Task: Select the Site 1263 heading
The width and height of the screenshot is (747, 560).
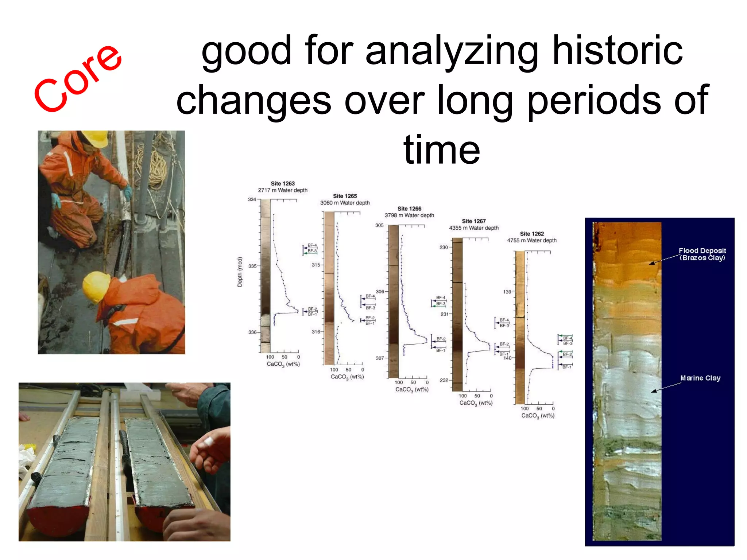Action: [283, 183]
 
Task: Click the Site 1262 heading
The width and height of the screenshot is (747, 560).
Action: [532, 234]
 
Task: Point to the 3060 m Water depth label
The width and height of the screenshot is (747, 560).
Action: [345, 203]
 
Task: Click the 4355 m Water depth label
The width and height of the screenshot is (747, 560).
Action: [473, 228]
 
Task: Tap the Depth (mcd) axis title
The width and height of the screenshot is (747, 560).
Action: [240, 272]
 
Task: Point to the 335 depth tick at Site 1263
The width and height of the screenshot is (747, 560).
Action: [252, 266]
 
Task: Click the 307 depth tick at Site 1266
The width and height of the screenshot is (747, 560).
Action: [380, 358]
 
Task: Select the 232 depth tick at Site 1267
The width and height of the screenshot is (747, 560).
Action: [444, 380]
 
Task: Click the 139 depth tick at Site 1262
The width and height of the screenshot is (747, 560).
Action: [507, 292]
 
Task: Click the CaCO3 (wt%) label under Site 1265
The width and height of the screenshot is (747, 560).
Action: [347, 377]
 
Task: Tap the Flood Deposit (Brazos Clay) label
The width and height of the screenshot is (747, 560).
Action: [702, 254]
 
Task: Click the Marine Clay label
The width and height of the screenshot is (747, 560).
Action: [700, 378]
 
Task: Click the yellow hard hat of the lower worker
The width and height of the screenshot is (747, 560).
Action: [96, 286]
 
